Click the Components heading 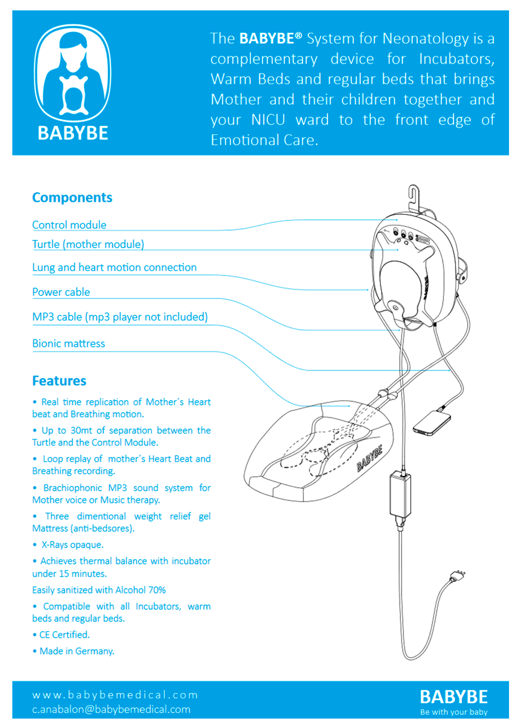[72, 198]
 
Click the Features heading [59, 381]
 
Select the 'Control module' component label [69, 225]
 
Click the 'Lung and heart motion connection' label [114, 267]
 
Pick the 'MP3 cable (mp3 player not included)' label [120, 317]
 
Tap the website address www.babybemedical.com [115, 695]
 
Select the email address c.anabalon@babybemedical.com [111, 710]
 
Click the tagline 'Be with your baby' [454, 712]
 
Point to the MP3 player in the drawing [432, 423]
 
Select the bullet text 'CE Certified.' [64, 635]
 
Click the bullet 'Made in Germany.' [77, 651]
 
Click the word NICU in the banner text [268, 120]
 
